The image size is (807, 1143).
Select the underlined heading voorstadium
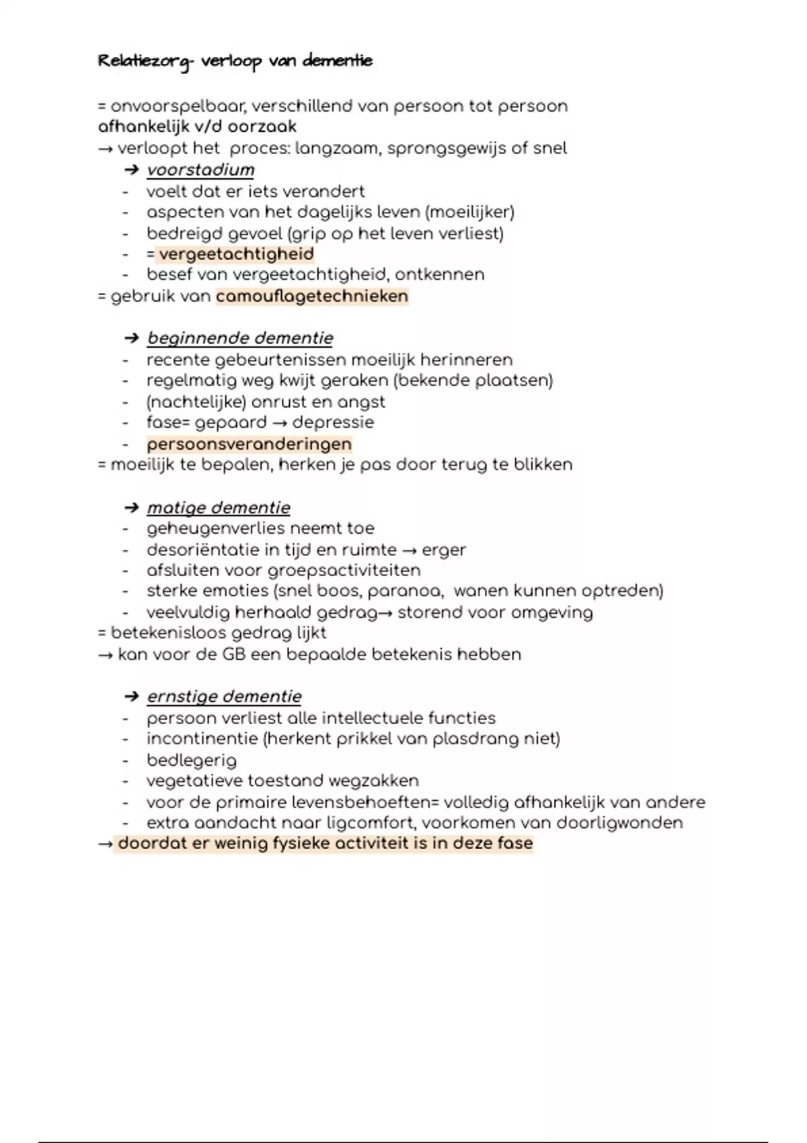point(200,170)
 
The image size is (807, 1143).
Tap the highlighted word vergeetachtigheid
point(236,254)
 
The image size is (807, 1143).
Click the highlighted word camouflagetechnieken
point(312,297)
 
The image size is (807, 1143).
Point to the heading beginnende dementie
point(240,338)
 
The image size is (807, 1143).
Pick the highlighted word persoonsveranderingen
point(249,444)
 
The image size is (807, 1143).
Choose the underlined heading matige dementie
point(219,508)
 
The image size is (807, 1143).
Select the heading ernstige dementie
point(224,697)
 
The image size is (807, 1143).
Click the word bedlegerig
point(192,760)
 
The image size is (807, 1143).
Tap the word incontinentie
point(202,739)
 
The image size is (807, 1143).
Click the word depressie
point(333,423)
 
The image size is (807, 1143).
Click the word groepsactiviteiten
point(344,571)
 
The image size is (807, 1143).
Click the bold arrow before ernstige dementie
point(132,697)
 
